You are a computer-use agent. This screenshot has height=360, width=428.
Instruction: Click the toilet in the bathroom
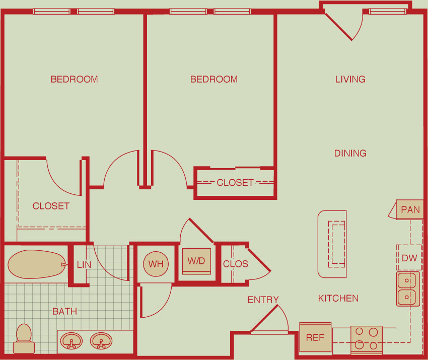click(24, 339)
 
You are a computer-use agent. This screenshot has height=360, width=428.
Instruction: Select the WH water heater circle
click(156, 264)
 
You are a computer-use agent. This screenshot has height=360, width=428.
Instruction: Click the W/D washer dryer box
click(196, 261)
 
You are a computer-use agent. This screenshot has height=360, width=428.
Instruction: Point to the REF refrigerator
click(315, 338)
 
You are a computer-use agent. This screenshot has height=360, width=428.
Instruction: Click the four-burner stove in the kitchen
click(366, 340)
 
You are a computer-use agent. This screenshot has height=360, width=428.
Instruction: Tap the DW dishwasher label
click(409, 258)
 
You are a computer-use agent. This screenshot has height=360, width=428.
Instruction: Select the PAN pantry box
click(409, 209)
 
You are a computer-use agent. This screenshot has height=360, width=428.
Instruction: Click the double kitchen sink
click(408, 289)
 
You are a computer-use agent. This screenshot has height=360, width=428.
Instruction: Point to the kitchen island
click(332, 244)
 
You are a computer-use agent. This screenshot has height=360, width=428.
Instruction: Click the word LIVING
click(350, 79)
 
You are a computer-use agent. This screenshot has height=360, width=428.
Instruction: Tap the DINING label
click(350, 153)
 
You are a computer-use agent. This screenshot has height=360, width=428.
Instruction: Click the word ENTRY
click(263, 300)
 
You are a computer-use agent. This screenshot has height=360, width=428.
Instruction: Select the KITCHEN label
click(338, 298)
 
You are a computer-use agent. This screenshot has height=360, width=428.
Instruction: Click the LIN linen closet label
click(84, 264)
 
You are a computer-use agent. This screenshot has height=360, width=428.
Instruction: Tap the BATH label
click(64, 311)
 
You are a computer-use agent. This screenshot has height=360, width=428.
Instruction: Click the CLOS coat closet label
click(236, 264)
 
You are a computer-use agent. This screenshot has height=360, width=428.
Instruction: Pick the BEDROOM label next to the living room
click(213, 79)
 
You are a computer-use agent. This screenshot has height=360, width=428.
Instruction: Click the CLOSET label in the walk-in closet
click(51, 206)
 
